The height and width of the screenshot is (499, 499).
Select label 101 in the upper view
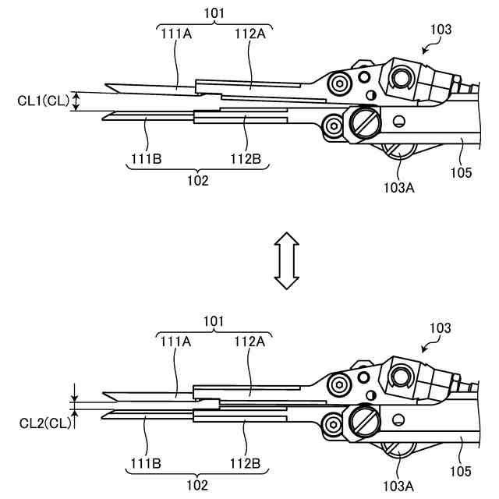213,12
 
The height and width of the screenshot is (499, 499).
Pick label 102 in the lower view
198,483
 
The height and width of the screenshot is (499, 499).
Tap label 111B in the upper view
146,160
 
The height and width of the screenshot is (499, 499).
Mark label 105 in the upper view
461,172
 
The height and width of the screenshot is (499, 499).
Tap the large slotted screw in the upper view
364,122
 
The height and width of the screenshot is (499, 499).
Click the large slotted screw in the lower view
364,422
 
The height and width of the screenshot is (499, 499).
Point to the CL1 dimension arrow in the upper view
76,101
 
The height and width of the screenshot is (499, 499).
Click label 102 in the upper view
198,179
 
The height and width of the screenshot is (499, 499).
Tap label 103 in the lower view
441,329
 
